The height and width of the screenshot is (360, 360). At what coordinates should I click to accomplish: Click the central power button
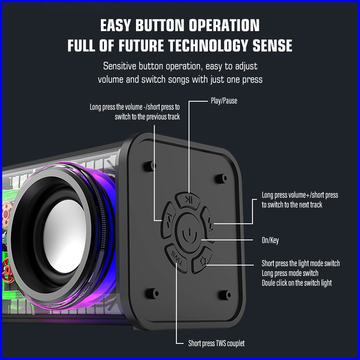tap(189, 233)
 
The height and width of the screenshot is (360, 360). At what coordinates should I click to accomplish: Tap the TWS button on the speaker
tap(176, 258)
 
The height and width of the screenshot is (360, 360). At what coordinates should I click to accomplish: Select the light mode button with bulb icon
tap(202, 260)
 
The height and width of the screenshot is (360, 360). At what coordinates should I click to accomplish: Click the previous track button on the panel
tap(168, 220)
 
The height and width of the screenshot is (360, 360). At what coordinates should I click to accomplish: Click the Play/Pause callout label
tap(224, 101)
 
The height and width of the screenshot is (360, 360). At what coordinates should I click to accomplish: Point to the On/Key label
tap(270, 240)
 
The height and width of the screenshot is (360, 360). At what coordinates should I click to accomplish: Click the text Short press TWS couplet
tap(216, 344)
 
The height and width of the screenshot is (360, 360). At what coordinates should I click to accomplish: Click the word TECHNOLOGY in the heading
tap(208, 45)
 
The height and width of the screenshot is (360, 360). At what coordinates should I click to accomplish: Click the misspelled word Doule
tap(268, 283)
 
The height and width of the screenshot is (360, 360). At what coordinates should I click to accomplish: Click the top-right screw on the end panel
tap(221, 178)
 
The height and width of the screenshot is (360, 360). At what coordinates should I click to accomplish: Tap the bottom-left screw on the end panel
tap(152, 293)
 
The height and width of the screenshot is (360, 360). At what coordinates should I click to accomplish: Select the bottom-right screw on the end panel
tap(225, 294)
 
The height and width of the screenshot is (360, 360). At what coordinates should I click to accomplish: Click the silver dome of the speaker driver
tap(65, 236)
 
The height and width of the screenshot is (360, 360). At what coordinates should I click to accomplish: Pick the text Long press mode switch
tap(290, 273)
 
